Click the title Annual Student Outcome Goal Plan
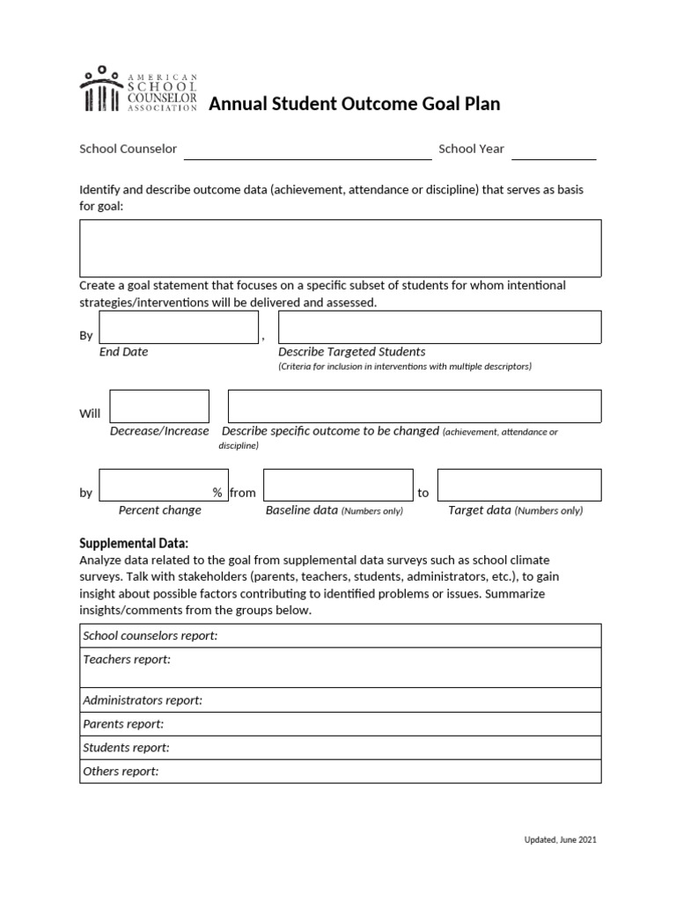pos(354,104)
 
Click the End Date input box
pos(179,327)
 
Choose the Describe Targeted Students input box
pos(439,327)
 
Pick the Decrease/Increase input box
pos(159,407)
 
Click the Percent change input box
pos(155,485)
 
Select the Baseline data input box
pos(337,485)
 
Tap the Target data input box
pos(518,485)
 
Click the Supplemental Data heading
pos(134,543)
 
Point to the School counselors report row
pos(340,635)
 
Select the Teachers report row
pos(340,668)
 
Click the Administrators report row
pos(340,700)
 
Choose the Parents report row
pos(340,724)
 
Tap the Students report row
pos(340,748)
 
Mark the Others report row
pos(340,772)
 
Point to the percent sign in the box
pos(217,493)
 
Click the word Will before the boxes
pos(90,414)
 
